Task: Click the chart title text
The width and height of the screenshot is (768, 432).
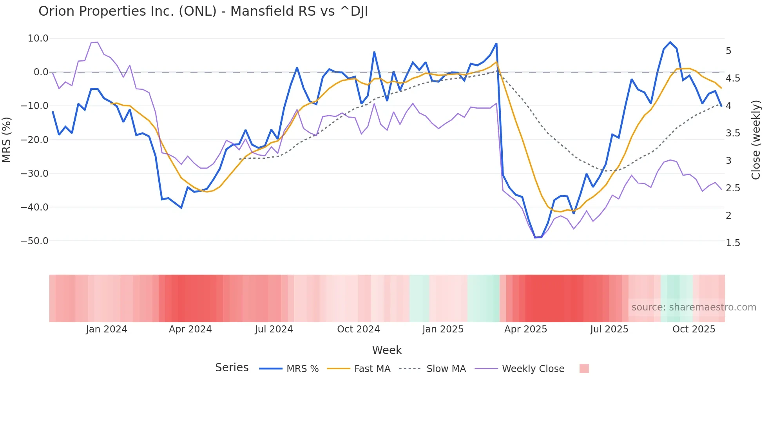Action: (x=203, y=11)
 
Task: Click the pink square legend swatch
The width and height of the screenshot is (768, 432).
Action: (x=584, y=368)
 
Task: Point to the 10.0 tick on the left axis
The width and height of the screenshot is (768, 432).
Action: (x=38, y=38)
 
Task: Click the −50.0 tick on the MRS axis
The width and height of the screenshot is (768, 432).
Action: (x=34, y=241)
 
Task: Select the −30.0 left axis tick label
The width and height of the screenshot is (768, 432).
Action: (x=34, y=173)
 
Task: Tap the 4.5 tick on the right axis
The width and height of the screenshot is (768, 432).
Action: (x=733, y=78)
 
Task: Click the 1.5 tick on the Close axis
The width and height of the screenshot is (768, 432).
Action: (x=733, y=243)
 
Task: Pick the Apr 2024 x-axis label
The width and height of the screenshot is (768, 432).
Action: (x=190, y=329)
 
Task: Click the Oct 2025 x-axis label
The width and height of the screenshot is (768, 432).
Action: (x=694, y=329)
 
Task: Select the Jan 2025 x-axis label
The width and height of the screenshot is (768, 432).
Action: (x=443, y=329)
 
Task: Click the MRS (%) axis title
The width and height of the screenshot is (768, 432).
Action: (x=7, y=140)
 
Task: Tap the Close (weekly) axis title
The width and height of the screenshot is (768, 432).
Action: (x=756, y=140)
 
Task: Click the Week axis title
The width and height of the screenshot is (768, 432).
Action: (x=387, y=350)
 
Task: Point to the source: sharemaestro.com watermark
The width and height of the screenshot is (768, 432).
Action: (x=694, y=307)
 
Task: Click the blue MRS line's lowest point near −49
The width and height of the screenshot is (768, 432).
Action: (x=536, y=237)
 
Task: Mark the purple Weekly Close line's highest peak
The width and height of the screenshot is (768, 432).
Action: (x=97, y=42)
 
